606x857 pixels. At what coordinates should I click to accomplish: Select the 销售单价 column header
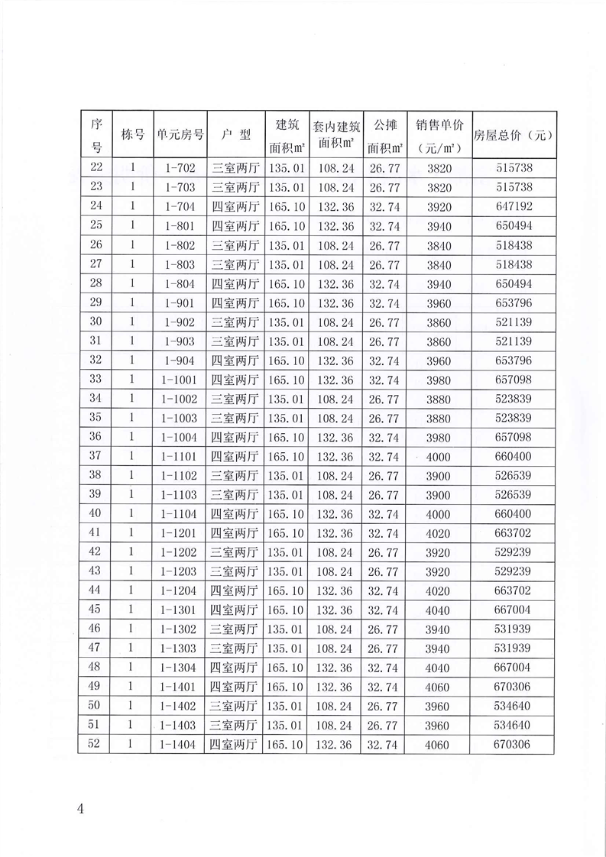pyautogui.click(x=440, y=134)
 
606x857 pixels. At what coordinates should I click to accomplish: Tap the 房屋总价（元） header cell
pyautogui.click(x=514, y=134)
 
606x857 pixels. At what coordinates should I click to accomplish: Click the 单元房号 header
pyautogui.click(x=180, y=134)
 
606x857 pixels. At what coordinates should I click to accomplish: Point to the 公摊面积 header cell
pyautogui.click(x=385, y=134)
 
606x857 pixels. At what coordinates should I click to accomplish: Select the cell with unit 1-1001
pyautogui.click(x=180, y=380)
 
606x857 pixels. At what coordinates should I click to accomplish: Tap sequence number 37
pyautogui.click(x=96, y=457)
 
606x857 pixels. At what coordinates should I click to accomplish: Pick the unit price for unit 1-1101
pyautogui.click(x=440, y=457)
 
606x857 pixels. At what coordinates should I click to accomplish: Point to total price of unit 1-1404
pyautogui.click(x=514, y=745)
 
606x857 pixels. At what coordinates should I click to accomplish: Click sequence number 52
pyautogui.click(x=96, y=745)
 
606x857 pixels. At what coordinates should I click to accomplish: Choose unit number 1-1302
pyautogui.click(x=180, y=629)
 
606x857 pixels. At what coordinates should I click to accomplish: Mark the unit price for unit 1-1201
pyautogui.click(x=440, y=533)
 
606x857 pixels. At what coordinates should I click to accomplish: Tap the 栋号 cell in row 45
pyautogui.click(x=132, y=610)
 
